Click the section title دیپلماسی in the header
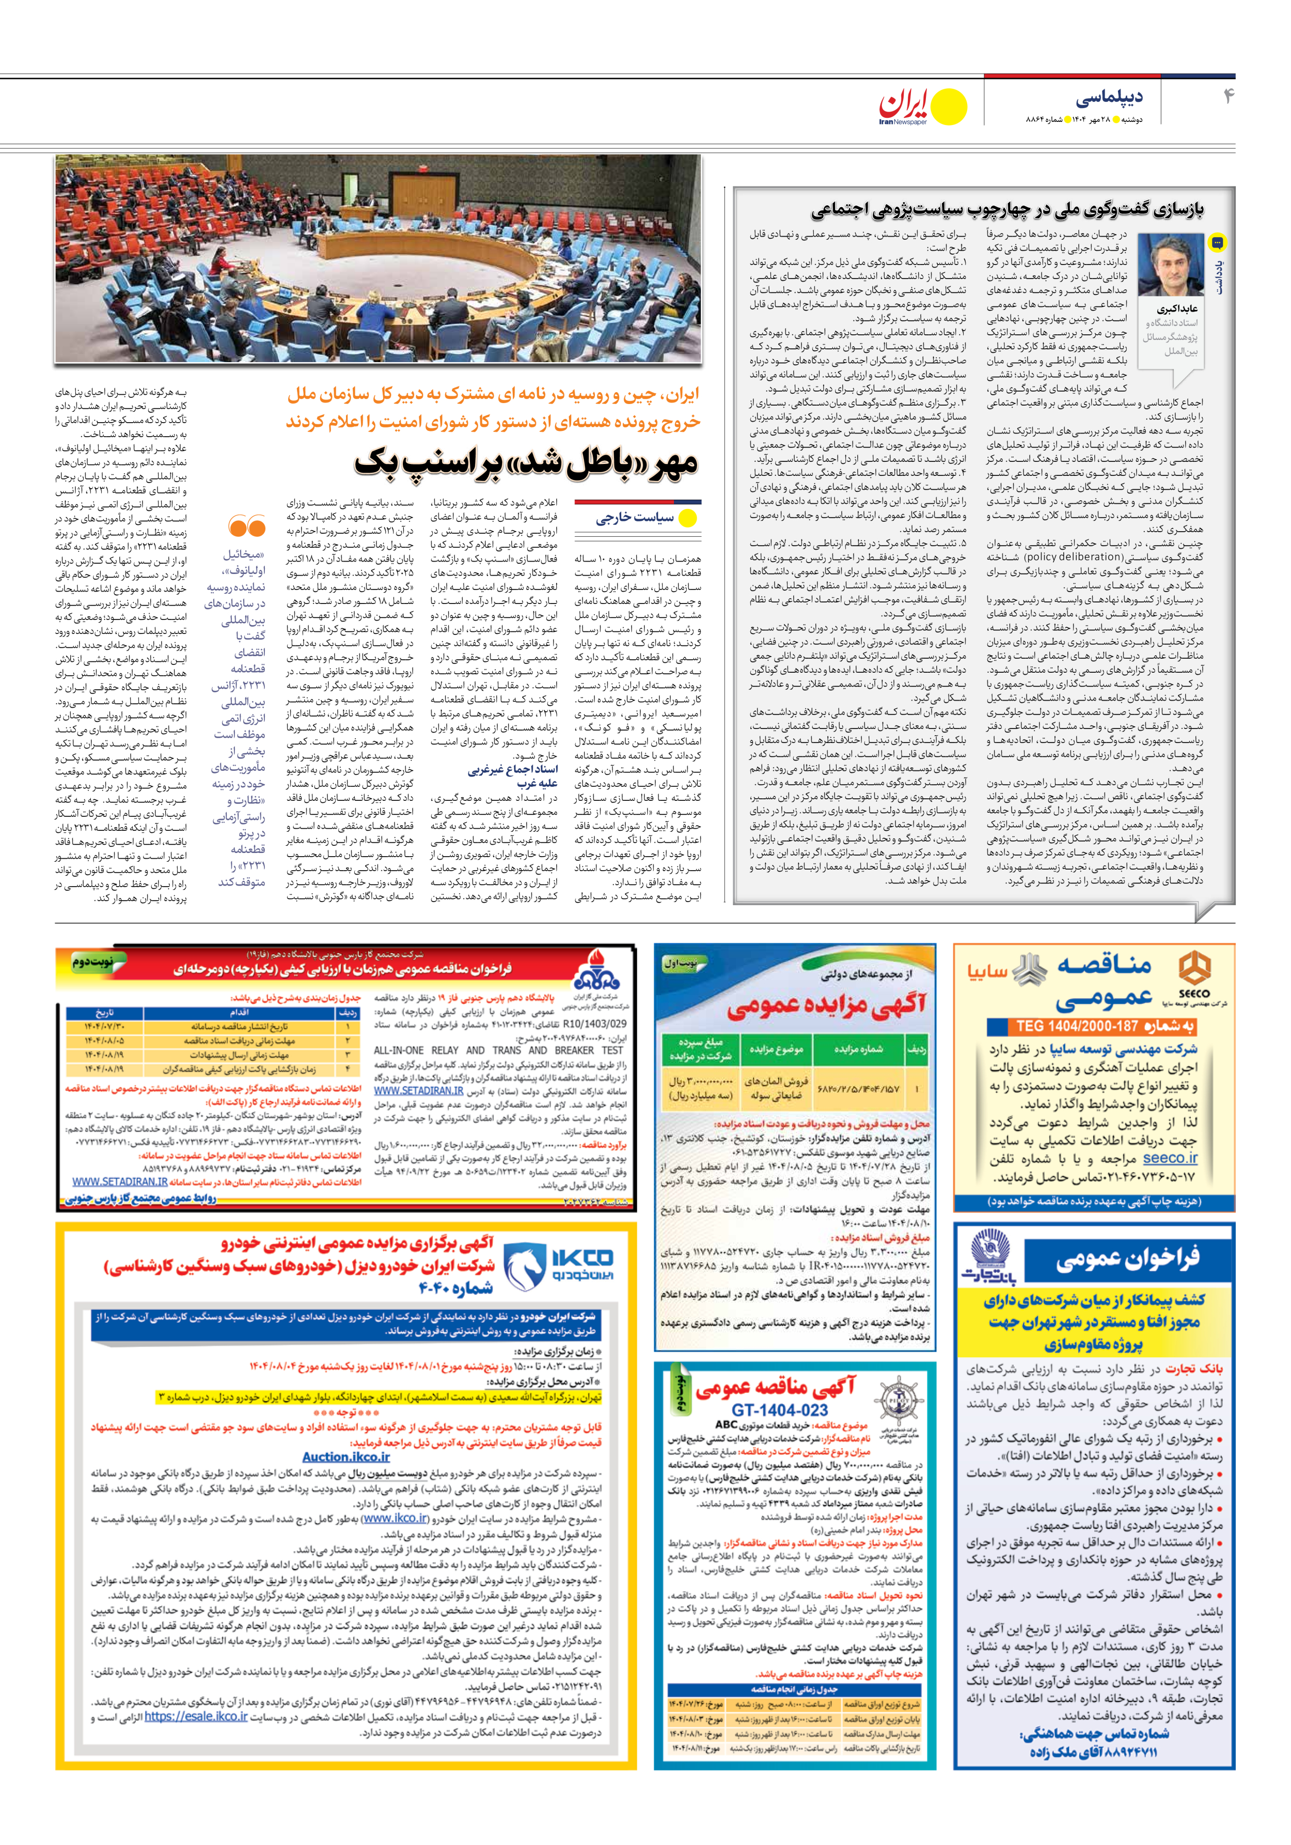[x=1109, y=97]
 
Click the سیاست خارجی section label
[x=635, y=518]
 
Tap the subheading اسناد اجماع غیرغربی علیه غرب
[x=513, y=776]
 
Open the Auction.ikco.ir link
[x=347, y=1456]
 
